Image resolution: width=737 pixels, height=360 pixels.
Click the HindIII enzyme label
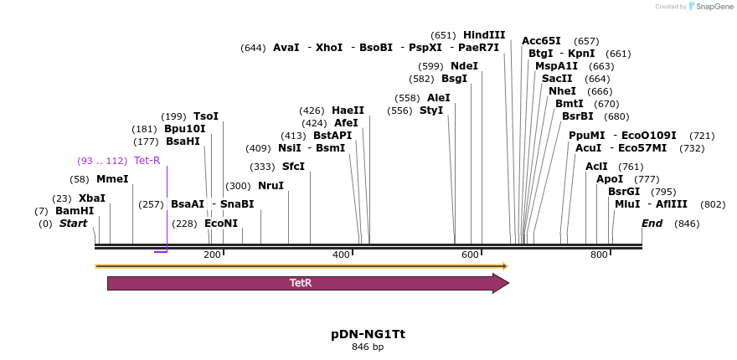coord(484,35)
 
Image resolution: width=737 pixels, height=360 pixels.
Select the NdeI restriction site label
coord(464,66)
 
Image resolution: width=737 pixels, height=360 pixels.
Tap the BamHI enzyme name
coord(75,211)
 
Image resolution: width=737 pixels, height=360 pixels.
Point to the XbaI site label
coord(92,198)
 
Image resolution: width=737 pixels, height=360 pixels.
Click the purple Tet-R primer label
coord(147,161)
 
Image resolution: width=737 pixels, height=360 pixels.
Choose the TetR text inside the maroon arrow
coord(301,283)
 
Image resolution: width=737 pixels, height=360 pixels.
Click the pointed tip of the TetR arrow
coord(507,283)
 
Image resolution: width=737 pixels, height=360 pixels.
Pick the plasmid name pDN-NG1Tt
coord(368,333)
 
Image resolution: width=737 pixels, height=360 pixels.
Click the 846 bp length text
coord(368,347)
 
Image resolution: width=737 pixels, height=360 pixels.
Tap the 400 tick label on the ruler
coord(342,255)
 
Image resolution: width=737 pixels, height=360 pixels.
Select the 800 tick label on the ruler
coord(599,255)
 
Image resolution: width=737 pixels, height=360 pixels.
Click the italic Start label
coord(73,224)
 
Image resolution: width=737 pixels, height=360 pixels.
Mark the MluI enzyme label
coord(627,203)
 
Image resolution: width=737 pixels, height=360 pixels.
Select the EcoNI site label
coord(221,224)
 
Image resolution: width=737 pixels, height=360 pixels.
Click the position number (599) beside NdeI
coord(430,66)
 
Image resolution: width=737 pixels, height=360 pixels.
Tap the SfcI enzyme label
coord(293,167)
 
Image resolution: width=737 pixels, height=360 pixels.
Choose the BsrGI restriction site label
coord(624,191)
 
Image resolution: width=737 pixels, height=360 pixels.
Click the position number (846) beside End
coord(687,224)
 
